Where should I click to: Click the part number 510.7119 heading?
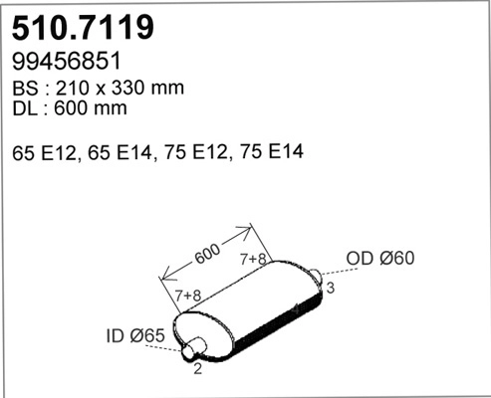pyautogui.click(x=83, y=27)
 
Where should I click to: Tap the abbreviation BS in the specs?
pyautogui.click(x=25, y=88)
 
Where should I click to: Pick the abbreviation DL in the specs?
pyautogui.click(x=25, y=109)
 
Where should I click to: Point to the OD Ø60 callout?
pyautogui.click(x=379, y=260)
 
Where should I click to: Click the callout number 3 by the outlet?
pyautogui.click(x=330, y=288)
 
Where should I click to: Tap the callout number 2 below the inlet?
pyautogui.click(x=198, y=369)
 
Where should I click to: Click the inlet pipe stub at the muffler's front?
pyautogui.click(x=193, y=347)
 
